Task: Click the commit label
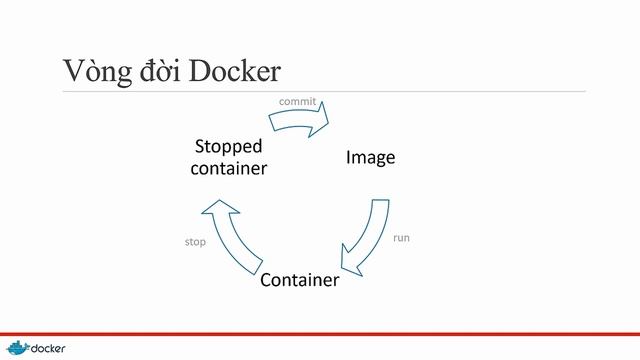297,102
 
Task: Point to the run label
401,238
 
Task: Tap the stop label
196,242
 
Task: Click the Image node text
370,158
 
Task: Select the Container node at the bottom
299,280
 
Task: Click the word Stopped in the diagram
228,148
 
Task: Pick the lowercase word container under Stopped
228,168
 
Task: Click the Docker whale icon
17,347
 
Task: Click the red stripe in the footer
320,332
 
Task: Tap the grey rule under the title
320,92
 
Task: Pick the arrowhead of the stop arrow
219,210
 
